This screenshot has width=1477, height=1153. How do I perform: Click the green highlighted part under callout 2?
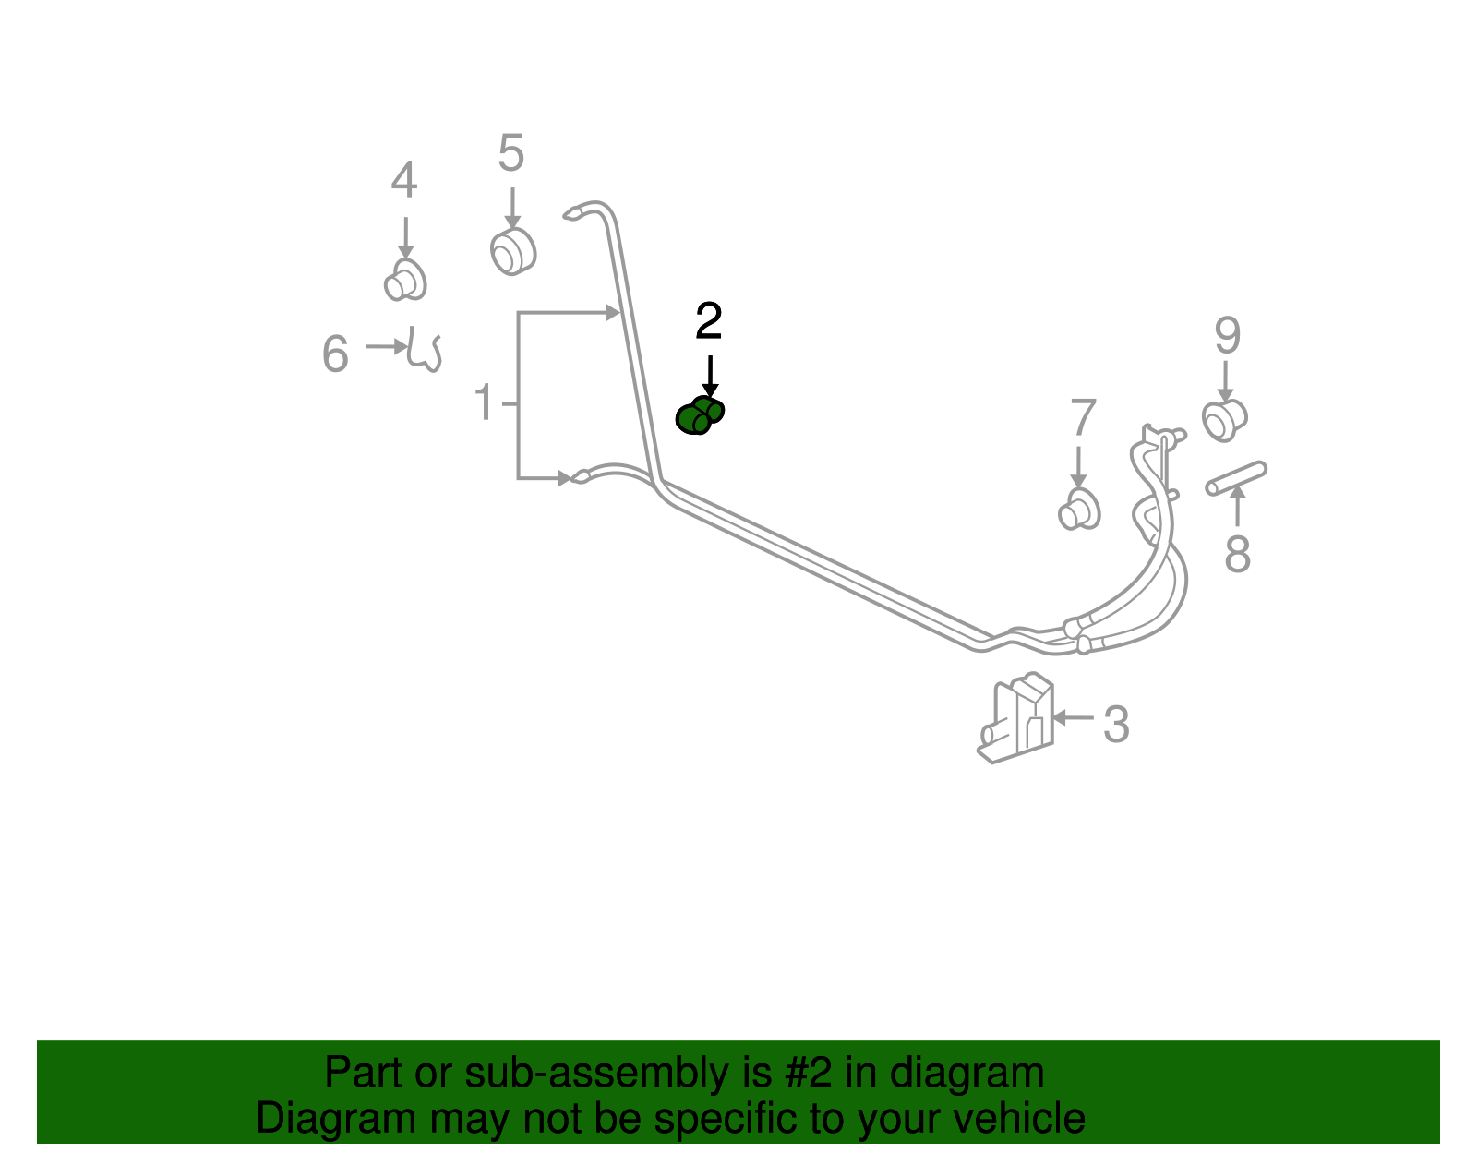pyautogui.click(x=700, y=415)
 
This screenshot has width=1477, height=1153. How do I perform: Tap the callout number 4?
pyautogui.click(x=403, y=180)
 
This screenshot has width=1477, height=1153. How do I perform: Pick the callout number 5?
pyautogui.click(x=510, y=153)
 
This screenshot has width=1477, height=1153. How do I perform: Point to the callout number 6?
pyautogui.click(x=335, y=354)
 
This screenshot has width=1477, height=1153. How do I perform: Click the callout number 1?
pyautogui.click(x=484, y=402)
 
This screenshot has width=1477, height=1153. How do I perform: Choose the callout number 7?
pyautogui.click(x=1083, y=417)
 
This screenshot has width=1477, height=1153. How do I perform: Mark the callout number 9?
pyautogui.click(x=1228, y=336)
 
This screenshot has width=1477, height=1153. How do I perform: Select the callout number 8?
pyautogui.click(x=1237, y=554)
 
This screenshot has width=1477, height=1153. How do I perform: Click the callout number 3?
pyautogui.click(x=1116, y=725)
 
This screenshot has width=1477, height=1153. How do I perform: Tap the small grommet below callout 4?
pyautogui.click(x=405, y=281)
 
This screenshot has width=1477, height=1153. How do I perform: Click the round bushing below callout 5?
pyautogui.click(x=513, y=252)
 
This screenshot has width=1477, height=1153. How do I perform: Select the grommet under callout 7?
pyautogui.click(x=1079, y=510)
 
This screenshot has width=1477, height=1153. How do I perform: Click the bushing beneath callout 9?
pyautogui.click(x=1224, y=421)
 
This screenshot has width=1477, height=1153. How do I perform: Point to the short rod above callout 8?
pyautogui.click(x=1236, y=478)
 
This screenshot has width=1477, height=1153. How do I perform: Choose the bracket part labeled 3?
pyautogui.click(x=1015, y=718)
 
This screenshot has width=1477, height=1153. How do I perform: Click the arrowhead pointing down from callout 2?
pyautogui.click(x=710, y=390)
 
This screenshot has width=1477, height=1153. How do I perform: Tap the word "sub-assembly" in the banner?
pyautogui.click(x=618, y=1073)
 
